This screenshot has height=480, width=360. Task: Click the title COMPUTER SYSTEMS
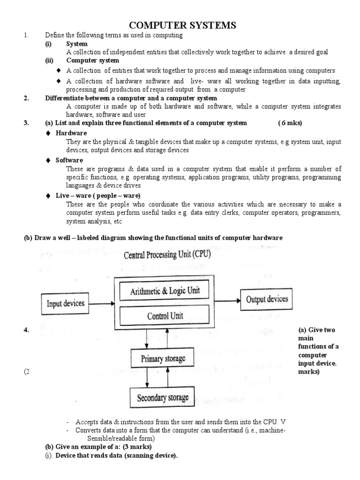[180, 25]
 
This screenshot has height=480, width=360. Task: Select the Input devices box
[66, 303]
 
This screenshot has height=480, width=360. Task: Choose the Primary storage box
[164, 359]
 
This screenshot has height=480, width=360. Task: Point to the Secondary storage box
[163, 397]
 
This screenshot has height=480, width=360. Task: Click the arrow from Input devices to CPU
[102, 303]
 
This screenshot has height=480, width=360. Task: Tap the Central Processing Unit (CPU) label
[167, 255]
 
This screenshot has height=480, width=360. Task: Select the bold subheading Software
[69, 160]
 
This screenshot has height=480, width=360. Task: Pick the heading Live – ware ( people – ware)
[97, 195]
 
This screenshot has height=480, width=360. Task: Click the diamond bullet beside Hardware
[48, 133]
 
